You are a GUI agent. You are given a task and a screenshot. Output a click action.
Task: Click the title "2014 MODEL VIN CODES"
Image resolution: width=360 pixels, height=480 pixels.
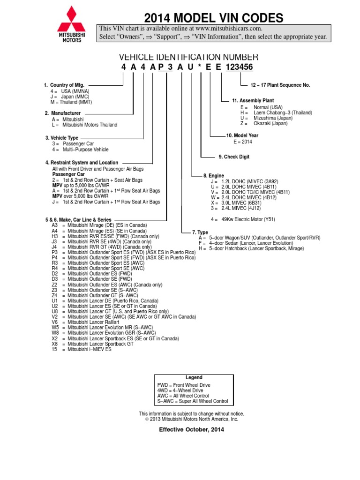[x=213, y=18]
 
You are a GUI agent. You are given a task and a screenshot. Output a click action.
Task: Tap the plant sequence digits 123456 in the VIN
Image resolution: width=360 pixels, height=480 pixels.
[x=239, y=67]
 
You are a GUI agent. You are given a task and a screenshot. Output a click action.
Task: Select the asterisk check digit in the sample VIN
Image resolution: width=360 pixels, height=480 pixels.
[x=200, y=67]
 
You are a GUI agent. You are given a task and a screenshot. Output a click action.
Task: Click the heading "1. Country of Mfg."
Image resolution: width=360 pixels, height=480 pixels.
[x=64, y=85]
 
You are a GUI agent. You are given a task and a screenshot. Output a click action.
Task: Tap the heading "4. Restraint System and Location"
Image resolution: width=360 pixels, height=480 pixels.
[x=82, y=163]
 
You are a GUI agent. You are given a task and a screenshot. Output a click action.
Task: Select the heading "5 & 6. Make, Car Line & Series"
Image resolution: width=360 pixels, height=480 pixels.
[x=78, y=219]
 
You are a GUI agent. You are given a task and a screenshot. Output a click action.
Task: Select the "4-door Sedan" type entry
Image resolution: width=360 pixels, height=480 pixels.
[x=246, y=243]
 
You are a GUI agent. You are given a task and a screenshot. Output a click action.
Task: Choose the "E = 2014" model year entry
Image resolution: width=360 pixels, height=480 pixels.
[x=242, y=141]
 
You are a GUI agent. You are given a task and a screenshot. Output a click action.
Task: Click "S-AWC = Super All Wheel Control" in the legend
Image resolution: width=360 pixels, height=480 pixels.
[x=193, y=401]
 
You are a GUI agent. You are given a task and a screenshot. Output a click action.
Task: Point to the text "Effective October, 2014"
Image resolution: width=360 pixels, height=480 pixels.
[x=191, y=429]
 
